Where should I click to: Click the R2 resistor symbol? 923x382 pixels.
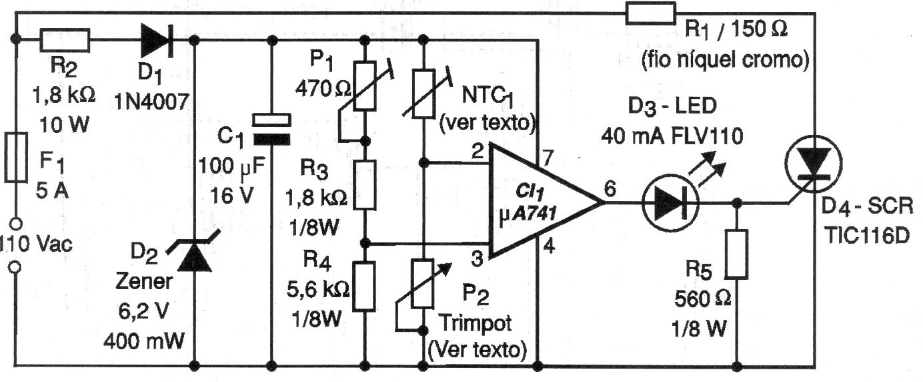click(65, 40)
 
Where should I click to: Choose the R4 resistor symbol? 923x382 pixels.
click(364, 286)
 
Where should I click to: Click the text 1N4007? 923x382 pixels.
click(153, 102)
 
